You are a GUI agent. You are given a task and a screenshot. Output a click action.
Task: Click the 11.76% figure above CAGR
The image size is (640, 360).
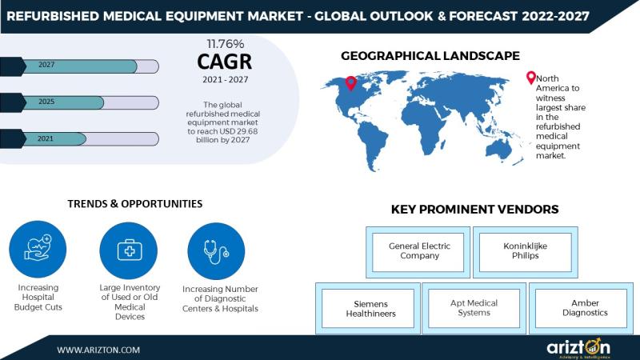click(x=226, y=44)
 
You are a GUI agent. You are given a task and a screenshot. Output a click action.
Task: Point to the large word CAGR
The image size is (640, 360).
click(x=225, y=62)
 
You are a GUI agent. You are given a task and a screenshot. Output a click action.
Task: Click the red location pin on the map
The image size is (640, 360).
click(x=350, y=83)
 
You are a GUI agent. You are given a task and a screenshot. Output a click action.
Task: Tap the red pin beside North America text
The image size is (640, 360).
click(x=530, y=78)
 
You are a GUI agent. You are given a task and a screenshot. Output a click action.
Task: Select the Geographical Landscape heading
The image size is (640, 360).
click(x=430, y=56)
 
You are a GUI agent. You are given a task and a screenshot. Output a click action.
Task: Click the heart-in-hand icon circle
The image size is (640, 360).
click(x=38, y=250)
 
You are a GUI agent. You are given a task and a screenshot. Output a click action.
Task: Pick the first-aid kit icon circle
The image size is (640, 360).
click(x=129, y=250)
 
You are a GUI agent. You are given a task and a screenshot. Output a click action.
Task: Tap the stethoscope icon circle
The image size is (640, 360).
click(x=216, y=251)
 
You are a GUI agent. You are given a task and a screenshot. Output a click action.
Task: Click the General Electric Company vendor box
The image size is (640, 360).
click(x=418, y=252)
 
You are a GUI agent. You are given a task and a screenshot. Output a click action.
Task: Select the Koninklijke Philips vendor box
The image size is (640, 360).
click(x=526, y=252)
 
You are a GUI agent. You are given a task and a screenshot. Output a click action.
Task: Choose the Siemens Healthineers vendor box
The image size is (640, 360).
click(x=368, y=308)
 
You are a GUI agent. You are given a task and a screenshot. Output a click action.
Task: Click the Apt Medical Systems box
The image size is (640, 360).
click(x=474, y=308)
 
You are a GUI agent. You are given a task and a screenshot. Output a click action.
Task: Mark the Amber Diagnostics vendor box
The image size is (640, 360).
click(x=582, y=308)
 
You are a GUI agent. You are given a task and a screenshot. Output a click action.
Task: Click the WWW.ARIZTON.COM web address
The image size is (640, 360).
click(x=98, y=350)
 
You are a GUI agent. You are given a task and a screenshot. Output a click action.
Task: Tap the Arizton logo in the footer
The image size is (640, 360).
click(x=578, y=348)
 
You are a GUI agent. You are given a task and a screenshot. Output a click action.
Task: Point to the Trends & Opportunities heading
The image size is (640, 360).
click(x=135, y=204)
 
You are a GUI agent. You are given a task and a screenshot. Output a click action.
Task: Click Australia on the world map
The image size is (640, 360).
click(x=498, y=150)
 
